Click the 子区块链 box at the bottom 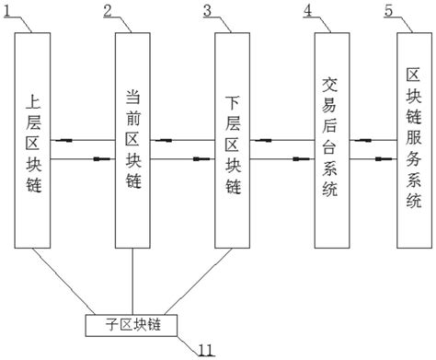(134, 324)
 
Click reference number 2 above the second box (109, 11)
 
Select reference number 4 (307, 11)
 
